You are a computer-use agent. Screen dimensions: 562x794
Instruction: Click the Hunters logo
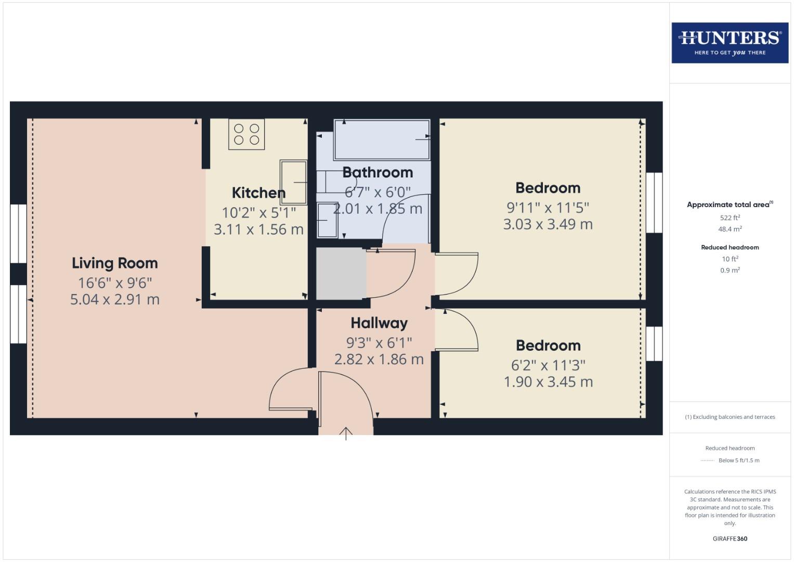730,43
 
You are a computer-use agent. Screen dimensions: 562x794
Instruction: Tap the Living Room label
114,263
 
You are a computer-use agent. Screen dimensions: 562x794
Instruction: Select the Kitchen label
258,193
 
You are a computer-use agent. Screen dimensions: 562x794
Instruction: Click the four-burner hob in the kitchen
246,134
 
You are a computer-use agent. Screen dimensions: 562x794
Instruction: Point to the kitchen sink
293,182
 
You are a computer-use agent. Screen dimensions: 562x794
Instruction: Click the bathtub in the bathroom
382,139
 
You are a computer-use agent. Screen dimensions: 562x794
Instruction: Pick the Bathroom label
378,172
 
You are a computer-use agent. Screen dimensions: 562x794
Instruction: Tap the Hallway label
379,323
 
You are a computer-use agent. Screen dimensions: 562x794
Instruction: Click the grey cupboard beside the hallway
341,273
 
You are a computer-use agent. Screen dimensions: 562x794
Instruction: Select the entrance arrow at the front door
346,432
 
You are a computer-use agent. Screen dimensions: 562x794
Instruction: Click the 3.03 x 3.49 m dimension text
548,224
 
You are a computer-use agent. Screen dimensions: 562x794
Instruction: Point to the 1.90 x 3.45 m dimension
548,382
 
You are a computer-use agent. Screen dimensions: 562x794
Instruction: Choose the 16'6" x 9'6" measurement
115,283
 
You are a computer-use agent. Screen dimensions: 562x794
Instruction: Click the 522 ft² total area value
730,218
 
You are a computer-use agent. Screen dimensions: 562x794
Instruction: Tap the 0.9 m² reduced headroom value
730,270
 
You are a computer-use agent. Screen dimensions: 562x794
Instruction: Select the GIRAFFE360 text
730,539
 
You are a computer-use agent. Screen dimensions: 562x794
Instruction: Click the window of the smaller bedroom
654,343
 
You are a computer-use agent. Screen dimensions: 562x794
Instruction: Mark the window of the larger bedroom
654,202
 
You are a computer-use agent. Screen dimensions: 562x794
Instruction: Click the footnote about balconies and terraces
730,417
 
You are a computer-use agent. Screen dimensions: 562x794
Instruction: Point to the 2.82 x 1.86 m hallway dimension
379,360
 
